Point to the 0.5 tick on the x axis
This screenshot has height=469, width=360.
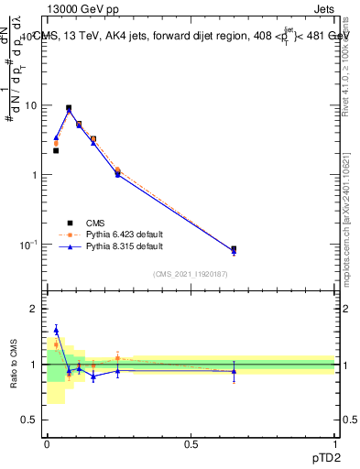(x=191, y=443)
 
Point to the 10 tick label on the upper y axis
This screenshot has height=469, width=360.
(x=30, y=105)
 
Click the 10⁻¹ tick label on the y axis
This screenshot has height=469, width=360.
(x=28, y=245)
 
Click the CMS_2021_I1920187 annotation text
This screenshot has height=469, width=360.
(x=191, y=274)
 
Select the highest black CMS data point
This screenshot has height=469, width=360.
(x=69, y=108)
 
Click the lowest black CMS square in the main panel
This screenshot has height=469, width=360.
(x=234, y=249)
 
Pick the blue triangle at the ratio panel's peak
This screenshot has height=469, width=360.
(x=56, y=330)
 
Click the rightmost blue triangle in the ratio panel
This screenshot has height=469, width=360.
(x=234, y=371)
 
